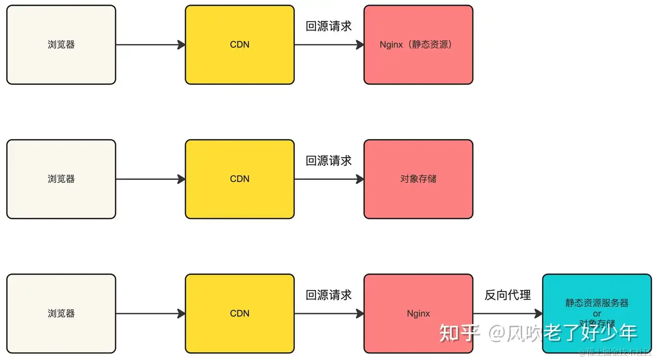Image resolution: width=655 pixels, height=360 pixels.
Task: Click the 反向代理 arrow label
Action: pyautogui.click(x=508, y=295)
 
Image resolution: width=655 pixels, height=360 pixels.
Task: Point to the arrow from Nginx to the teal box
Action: pyautogui.click(x=508, y=314)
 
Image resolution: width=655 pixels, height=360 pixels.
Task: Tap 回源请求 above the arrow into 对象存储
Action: pyautogui.click(x=329, y=161)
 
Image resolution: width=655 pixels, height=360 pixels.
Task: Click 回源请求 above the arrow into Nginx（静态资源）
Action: pyautogui.click(x=329, y=26)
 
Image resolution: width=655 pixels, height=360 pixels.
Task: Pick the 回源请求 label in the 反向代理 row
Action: pyautogui.click(x=329, y=295)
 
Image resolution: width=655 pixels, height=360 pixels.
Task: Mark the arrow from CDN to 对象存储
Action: pyautogui.click(x=329, y=179)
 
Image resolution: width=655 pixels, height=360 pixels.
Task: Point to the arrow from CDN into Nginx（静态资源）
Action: pyautogui.click(x=329, y=45)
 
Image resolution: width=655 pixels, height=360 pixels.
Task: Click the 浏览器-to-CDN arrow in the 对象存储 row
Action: pyautogui.click(x=150, y=179)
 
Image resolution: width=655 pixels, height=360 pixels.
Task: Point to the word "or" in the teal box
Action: pyautogui.click(x=597, y=314)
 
